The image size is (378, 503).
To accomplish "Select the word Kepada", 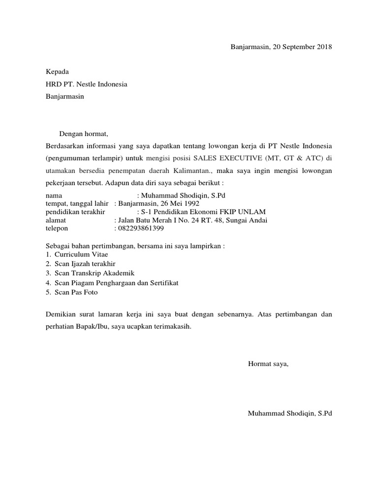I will pos(58,72).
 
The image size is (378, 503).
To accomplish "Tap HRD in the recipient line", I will pos(53,84).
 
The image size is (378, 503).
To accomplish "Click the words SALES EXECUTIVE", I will pos(226,158).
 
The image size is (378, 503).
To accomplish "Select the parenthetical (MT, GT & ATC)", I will pos(294,158).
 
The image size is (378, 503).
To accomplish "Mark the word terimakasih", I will pos(173,326).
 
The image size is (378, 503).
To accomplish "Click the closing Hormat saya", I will pos(268,364).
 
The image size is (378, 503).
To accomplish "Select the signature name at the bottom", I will pos(290,413).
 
